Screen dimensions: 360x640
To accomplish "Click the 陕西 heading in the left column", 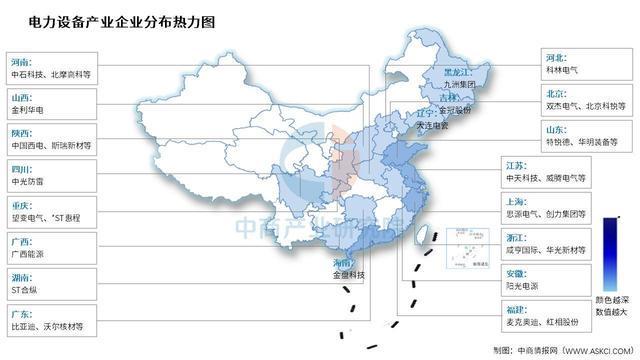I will click(21, 131).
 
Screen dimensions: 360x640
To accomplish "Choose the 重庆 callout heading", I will click(21, 203).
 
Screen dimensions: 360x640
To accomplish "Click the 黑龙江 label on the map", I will click(457, 72).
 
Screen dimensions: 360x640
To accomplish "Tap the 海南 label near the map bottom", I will click(342, 263).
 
